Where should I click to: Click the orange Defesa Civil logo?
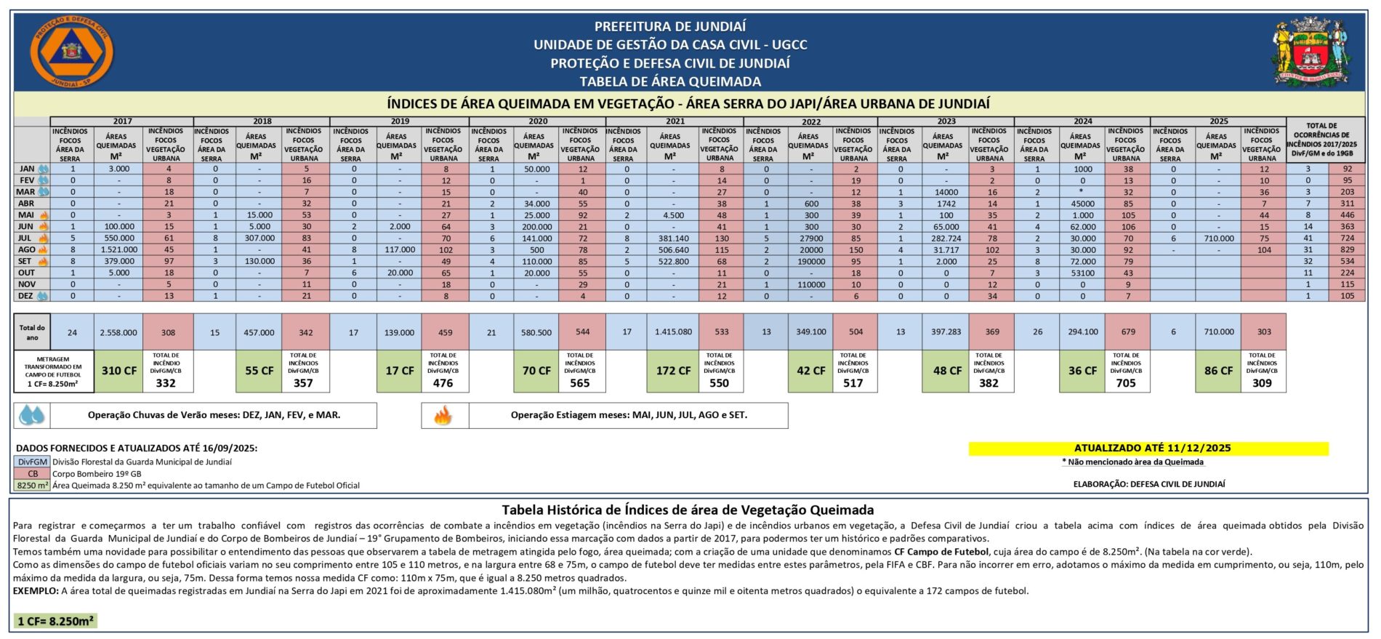pos(72,53)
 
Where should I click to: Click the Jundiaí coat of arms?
pos(1310,52)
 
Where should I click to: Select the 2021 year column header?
pos(675,121)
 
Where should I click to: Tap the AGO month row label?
pos(27,249)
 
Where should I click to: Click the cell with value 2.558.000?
pos(118,332)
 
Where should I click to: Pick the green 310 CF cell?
pos(118,371)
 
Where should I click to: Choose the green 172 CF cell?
pos(673,371)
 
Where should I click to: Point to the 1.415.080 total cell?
pos(673,332)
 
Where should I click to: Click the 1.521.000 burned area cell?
pos(118,249)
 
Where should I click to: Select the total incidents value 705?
pos(1125,383)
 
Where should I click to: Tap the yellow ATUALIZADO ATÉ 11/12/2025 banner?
pos(1148,449)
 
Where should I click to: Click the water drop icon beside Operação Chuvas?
pos(31,415)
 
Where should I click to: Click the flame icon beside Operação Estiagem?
pos(443,415)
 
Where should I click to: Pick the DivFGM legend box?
pos(32,462)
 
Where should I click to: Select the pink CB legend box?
pos(32,473)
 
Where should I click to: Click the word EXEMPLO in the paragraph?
pos(36,591)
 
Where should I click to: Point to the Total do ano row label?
pos(31,332)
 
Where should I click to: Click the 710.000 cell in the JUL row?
pos(1218,238)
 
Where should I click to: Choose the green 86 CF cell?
pos(1218,371)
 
